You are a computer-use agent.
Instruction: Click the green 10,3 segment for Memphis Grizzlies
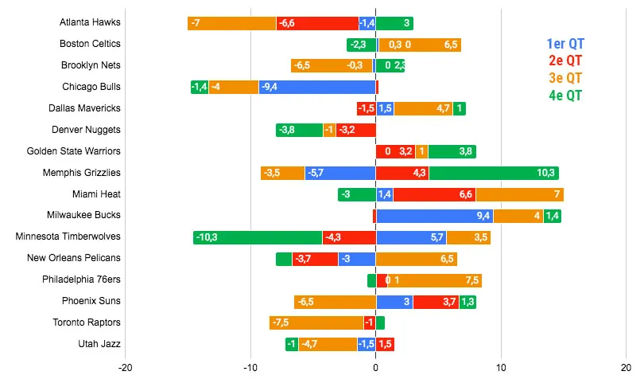coord(494,173)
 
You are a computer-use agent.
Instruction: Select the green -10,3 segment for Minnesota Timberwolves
coord(258,237)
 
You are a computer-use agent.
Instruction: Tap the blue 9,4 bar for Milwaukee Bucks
coord(434,216)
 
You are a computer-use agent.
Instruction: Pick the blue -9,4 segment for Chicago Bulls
coord(317,87)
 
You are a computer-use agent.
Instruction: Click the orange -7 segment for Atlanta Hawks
coord(232,23)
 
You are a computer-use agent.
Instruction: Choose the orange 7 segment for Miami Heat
coord(519,194)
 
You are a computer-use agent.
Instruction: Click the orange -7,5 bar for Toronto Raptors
coord(316,322)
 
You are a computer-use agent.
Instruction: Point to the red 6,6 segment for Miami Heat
coord(434,194)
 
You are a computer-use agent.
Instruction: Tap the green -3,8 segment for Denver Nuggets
coord(300,130)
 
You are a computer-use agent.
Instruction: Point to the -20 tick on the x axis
coord(125,368)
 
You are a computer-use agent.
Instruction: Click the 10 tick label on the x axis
coord(501,368)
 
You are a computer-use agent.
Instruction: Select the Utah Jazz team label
coord(99,344)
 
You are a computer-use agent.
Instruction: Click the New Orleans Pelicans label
coord(73,259)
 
